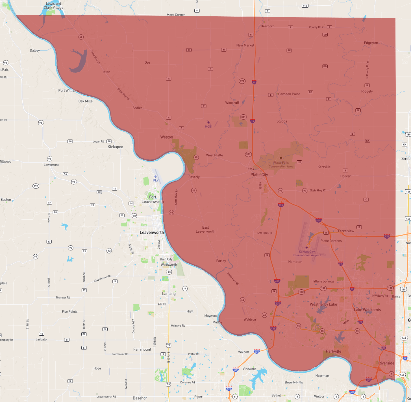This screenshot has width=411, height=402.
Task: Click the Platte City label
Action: point(259,174)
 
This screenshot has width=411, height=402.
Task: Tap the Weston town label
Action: point(166,137)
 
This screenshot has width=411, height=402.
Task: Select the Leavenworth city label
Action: point(152,232)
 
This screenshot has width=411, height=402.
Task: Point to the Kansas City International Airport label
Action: point(306,254)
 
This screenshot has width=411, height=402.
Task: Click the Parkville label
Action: point(333,351)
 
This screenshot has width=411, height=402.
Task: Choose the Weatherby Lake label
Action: point(323,304)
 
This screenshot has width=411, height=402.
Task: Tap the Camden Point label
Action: point(289,94)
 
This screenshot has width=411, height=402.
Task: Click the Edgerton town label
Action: point(371,43)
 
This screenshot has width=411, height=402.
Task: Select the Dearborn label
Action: point(267,26)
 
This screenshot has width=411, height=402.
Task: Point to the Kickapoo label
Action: point(115,147)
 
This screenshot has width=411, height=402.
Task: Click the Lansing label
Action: point(169,294)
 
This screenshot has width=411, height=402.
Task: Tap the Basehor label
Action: point(140,398)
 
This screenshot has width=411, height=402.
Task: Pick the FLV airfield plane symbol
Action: point(156,176)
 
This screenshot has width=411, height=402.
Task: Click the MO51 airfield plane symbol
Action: point(208,123)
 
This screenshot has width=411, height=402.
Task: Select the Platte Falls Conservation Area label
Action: point(281,165)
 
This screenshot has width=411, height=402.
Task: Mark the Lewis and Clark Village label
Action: point(53,6)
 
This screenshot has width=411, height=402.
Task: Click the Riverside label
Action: point(386,363)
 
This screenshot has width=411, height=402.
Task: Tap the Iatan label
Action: point(106,72)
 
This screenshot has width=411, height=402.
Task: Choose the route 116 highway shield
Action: point(305,6)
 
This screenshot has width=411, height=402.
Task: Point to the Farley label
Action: point(221,261)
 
